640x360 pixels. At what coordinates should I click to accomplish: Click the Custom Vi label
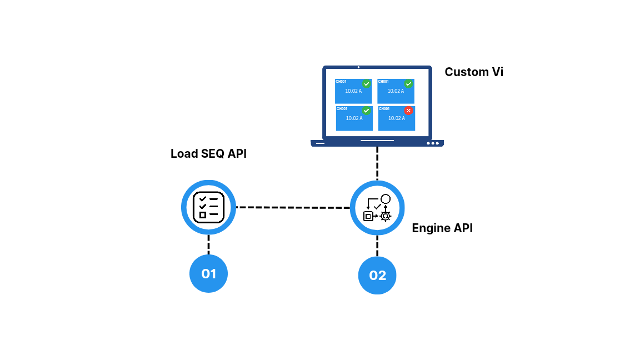click(x=474, y=72)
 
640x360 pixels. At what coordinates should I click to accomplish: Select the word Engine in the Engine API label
click(x=431, y=228)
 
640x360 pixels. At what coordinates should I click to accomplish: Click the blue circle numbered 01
click(x=208, y=273)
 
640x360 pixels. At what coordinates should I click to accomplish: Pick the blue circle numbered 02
click(x=377, y=275)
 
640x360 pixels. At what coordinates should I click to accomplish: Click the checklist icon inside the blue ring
click(x=208, y=207)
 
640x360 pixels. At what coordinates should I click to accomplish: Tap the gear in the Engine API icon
click(x=386, y=216)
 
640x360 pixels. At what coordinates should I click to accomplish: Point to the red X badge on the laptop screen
click(x=408, y=111)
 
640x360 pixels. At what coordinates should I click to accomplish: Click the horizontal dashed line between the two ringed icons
click(x=293, y=207)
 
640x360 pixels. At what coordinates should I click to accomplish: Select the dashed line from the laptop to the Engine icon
click(x=377, y=163)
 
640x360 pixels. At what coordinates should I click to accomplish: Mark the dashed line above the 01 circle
click(x=208, y=244)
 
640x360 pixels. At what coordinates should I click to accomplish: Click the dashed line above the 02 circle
click(x=377, y=246)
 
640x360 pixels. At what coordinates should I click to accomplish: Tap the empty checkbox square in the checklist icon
click(x=203, y=214)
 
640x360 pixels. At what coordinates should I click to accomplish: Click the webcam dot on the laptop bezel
click(x=358, y=67)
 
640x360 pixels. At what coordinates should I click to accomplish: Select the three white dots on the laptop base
click(x=433, y=143)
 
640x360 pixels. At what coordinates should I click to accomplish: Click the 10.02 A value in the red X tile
click(x=396, y=118)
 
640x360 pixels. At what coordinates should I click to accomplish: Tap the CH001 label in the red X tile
click(x=384, y=108)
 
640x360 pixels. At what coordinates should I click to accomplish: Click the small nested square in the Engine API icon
click(x=368, y=216)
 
